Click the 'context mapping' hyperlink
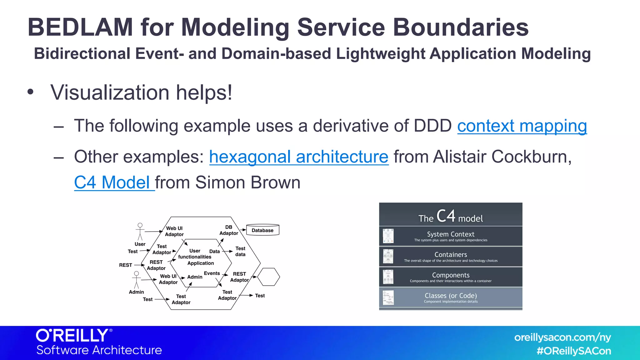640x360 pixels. point(522,126)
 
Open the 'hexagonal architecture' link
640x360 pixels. point(299,157)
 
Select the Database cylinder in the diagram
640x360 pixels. point(262,230)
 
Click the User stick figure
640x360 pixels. point(140,232)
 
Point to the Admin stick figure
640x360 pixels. point(136,280)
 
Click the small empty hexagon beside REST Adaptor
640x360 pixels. point(268,277)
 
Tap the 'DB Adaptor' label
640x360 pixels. point(229,230)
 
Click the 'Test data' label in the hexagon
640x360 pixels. point(240,251)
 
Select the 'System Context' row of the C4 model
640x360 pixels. point(451,236)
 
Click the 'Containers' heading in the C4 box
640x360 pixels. point(451,255)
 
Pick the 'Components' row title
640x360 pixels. point(451,275)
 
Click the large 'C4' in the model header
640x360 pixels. point(446,216)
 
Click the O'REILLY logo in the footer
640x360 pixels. point(73,336)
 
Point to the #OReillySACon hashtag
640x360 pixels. point(574,351)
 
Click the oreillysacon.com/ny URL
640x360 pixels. point(562,337)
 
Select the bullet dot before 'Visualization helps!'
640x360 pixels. point(30,92)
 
